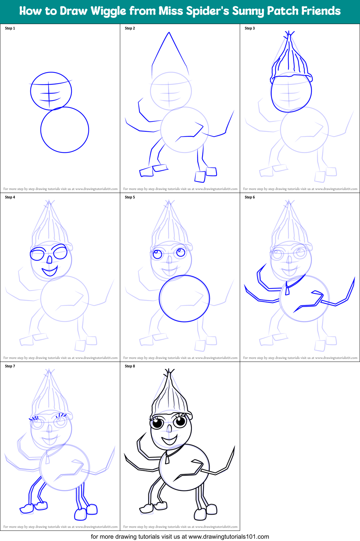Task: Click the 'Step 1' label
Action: (10, 28)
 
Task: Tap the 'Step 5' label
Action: (130, 197)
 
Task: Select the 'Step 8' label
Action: (130, 366)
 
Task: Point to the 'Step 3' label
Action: (250, 28)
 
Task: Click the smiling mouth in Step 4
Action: (49, 271)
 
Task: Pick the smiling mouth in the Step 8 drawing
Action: (169, 440)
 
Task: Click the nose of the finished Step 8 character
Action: (169, 429)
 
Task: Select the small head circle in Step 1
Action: (51, 91)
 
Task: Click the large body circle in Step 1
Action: (65, 130)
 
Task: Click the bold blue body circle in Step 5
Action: (184, 298)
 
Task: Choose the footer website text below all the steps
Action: (180, 537)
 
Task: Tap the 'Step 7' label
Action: (10, 366)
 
